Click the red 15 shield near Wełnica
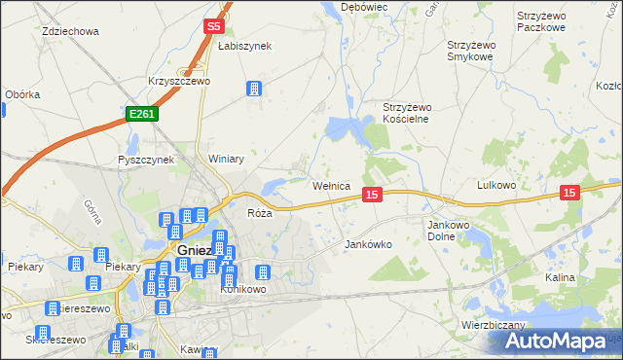[371, 196]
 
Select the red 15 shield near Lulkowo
[570, 194]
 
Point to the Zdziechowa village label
[71, 31]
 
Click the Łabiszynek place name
[244, 46]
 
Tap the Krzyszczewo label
[178, 82]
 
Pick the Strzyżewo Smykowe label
[478, 51]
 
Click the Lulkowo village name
[502, 184]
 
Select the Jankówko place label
[369, 245]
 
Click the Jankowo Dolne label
[449, 230]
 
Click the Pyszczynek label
[145, 160]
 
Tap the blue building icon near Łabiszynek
[255, 90]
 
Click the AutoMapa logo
[557, 342]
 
